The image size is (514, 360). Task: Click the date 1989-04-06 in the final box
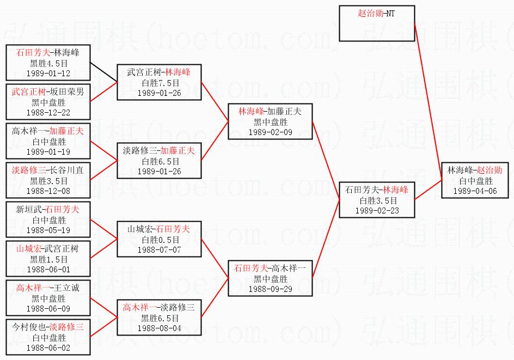tap(475, 191)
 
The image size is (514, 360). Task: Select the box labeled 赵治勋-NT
tap(377, 23)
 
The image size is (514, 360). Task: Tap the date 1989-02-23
tap(377, 211)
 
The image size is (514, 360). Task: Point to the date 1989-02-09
tap(271, 132)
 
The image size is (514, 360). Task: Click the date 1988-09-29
tap(271, 289)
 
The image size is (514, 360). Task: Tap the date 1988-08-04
tap(160, 328)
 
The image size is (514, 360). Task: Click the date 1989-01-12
tap(48, 74)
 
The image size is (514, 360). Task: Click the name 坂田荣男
tap(67, 92)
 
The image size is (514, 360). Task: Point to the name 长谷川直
tap(66, 170)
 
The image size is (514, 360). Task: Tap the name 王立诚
tap(66, 288)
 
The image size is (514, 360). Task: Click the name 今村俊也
tap(29, 327)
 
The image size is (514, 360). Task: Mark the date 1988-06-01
tap(48, 270)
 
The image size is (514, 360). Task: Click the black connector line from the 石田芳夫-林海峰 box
tap(103, 72)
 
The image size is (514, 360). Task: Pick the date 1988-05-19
tap(48, 230)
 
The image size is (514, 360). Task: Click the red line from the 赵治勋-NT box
tap(429, 101)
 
